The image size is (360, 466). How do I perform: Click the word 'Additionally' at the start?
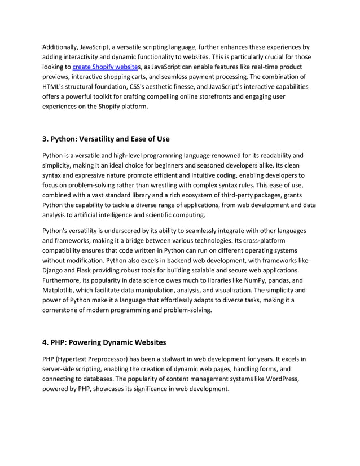click(62, 47)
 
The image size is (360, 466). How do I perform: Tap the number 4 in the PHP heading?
click(45, 342)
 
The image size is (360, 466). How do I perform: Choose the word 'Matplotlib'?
click(59, 291)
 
